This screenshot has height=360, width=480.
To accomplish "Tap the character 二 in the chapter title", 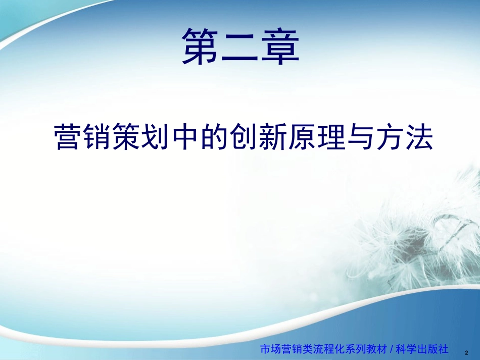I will tap(240, 46).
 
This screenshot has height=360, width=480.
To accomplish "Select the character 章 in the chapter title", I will tap(279, 46).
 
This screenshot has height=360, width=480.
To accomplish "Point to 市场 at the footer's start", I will tap(269, 348).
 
